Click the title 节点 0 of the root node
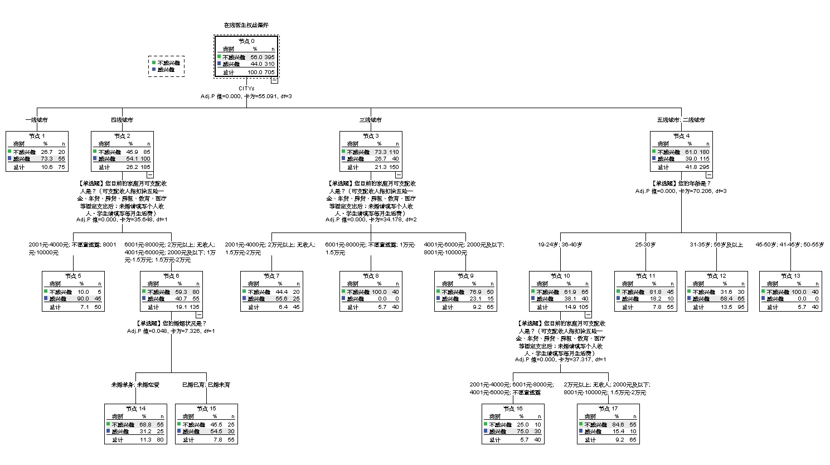click(246, 41)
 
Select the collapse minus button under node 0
click(274, 80)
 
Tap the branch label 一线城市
click(37, 120)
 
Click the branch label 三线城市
click(371, 120)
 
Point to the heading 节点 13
click(790, 276)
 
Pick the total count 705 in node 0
click(270, 72)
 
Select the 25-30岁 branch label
click(645, 245)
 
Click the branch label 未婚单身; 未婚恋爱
click(135, 385)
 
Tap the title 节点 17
click(608, 409)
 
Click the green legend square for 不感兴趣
click(153, 62)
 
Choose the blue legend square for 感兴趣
click(153, 69)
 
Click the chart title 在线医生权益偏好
click(246, 25)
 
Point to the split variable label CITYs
click(246, 88)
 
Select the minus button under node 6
click(199, 314)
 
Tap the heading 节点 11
click(645, 276)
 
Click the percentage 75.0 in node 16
click(522, 431)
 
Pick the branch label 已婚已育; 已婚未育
click(206, 385)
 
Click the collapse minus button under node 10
click(588, 314)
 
